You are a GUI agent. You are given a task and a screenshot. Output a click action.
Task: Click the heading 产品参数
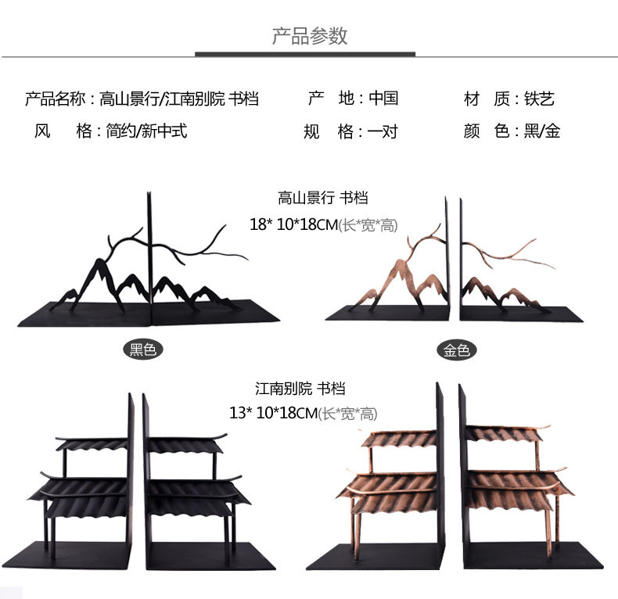pos(309,36)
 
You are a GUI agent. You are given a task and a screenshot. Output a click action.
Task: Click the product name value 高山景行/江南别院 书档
pos(179,99)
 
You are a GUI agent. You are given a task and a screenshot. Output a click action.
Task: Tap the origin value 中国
pos(383,99)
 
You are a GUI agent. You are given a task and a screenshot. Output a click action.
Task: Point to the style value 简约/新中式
pos(146,131)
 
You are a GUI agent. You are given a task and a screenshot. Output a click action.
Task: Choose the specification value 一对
pos(383,131)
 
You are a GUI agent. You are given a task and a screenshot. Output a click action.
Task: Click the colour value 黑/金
pos(542,131)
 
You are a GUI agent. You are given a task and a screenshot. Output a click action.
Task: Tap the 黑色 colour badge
pos(143,350)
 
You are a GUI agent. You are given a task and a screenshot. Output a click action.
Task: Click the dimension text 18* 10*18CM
pos(292,225)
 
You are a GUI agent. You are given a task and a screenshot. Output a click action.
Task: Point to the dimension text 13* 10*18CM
pos(272,411)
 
